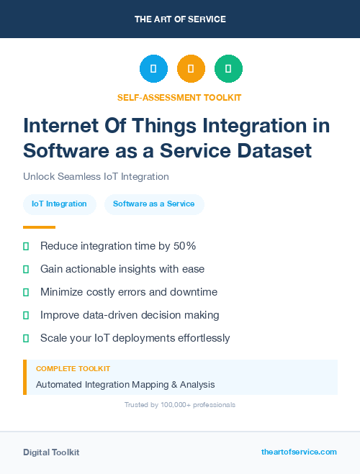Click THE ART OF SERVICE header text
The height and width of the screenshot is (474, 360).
(x=180, y=19)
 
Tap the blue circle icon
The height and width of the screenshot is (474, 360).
(x=153, y=69)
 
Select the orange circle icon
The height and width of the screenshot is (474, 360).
(x=191, y=69)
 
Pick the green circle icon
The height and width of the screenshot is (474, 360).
(x=228, y=69)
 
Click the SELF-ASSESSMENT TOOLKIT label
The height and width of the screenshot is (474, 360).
(x=179, y=97)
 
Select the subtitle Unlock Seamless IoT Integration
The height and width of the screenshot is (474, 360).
(x=96, y=176)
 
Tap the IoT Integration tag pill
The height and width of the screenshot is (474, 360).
(x=59, y=204)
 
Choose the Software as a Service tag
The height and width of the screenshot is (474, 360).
(x=154, y=204)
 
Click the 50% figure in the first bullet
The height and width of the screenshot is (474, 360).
(x=185, y=246)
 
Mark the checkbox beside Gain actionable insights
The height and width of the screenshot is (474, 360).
(x=26, y=269)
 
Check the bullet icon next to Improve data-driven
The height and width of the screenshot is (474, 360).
(x=26, y=315)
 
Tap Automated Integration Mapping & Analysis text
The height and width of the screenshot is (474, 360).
(x=125, y=384)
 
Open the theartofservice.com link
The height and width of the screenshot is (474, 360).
(x=299, y=452)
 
